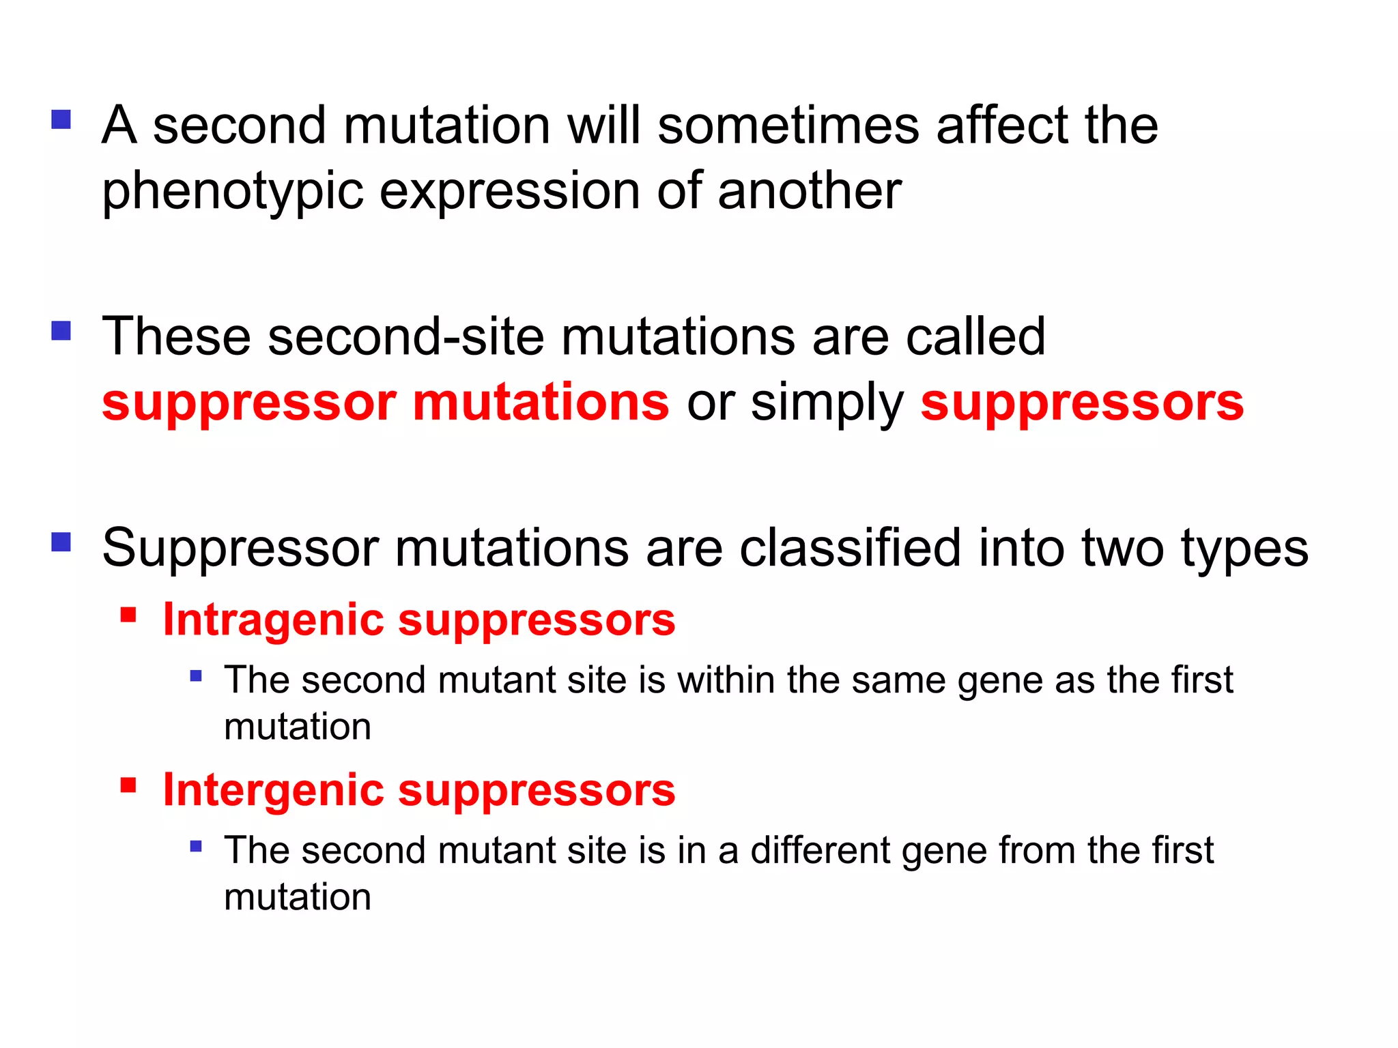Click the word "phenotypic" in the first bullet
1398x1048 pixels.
point(232,192)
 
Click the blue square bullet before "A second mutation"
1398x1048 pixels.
point(61,120)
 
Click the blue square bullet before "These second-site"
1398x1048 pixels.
point(61,331)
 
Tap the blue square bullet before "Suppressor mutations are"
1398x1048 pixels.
point(61,542)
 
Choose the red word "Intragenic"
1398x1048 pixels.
point(274,620)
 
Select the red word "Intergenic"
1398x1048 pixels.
point(274,790)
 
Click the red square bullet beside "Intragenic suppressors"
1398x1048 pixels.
point(128,615)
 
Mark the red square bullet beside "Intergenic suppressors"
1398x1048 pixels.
point(128,785)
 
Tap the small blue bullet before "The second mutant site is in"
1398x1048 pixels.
point(196,847)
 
